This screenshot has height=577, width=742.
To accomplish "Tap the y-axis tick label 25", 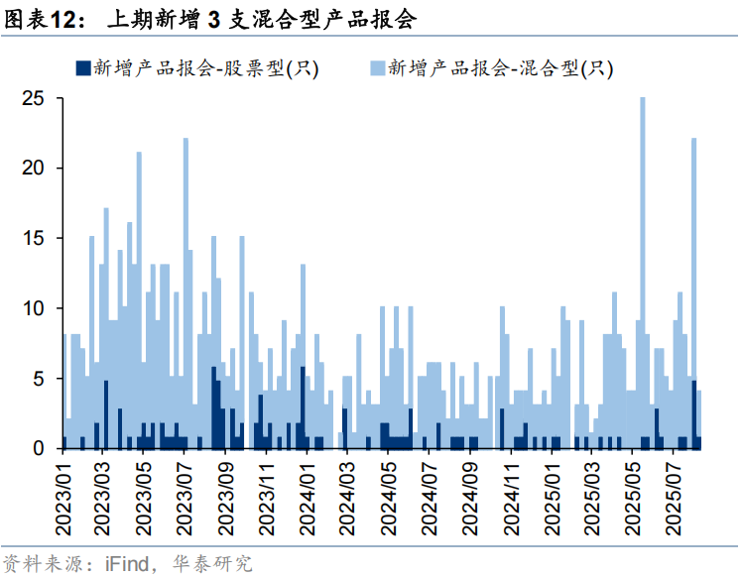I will coord(35,99).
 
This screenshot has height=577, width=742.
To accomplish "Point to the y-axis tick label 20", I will coord(35,169).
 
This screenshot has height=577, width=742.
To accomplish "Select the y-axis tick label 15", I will coord(35,239).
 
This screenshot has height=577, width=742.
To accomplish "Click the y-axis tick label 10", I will coord(35,308).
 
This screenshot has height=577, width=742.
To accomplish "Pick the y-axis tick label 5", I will coord(41,379).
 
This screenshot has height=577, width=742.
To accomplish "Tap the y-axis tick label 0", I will coord(41,449).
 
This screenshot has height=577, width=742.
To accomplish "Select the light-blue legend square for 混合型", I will coord(377,68).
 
